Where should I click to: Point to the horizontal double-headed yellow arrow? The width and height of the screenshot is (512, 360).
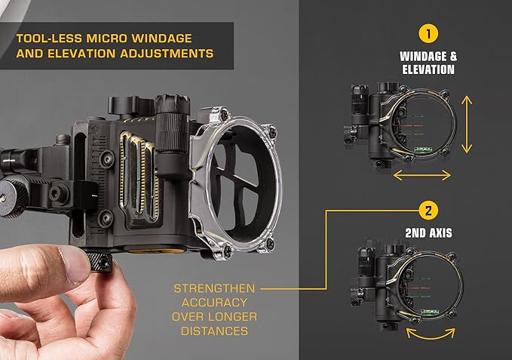click(x=422, y=174)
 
